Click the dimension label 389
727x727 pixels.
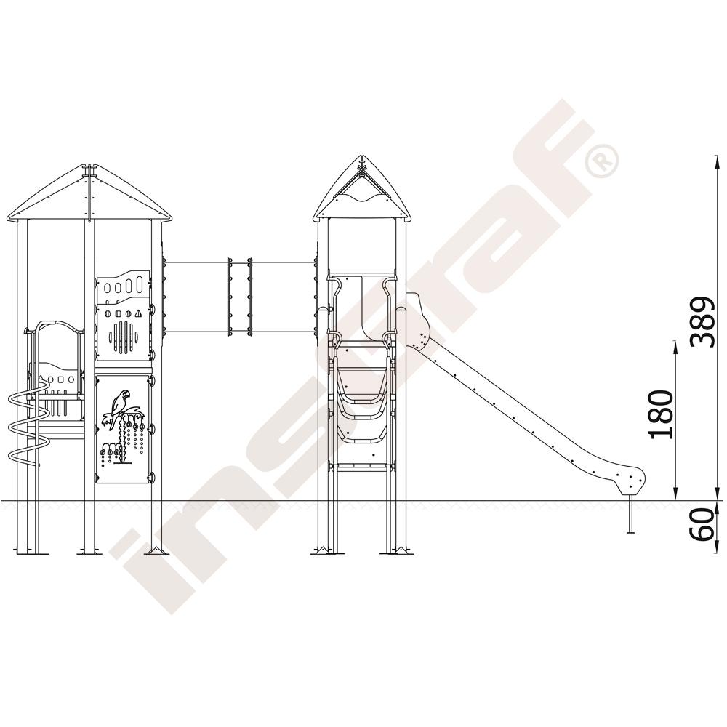coord(703,322)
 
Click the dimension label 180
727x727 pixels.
coord(661,414)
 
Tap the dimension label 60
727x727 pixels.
coord(702,524)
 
